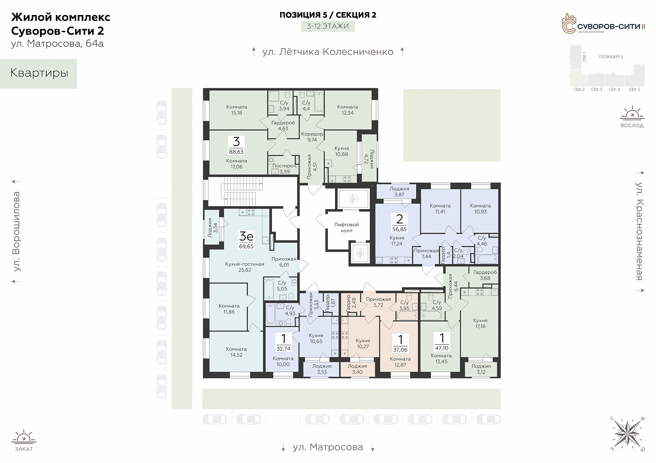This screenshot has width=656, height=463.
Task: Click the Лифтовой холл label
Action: (x=347, y=227)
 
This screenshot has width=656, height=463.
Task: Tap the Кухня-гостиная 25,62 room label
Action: (x=245, y=267)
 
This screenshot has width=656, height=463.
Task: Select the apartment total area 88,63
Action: (x=236, y=152)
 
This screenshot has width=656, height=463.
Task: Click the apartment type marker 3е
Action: (x=246, y=236)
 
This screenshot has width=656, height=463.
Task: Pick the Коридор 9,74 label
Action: (x=312, y=137)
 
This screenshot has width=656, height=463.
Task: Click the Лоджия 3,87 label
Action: (x=399, y=192)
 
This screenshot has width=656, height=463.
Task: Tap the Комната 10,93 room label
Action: (x=480, y=208)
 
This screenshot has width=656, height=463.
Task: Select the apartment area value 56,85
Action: (x=399, y=229)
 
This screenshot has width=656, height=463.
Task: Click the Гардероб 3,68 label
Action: (x=485, y=275)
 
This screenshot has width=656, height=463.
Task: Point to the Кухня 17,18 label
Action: (x=480, y=323)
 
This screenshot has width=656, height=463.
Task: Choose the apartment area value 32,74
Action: (x=283, y=349)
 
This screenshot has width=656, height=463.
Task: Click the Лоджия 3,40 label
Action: (x=357, y=369)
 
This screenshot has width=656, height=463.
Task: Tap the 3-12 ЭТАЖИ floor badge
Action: (x=328, y=26)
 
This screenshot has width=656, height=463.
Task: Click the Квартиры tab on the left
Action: (x=39, y=73)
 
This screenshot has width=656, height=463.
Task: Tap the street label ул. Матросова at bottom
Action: (x=328, y=447)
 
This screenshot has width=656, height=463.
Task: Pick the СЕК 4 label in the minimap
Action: (x=614, y=90)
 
